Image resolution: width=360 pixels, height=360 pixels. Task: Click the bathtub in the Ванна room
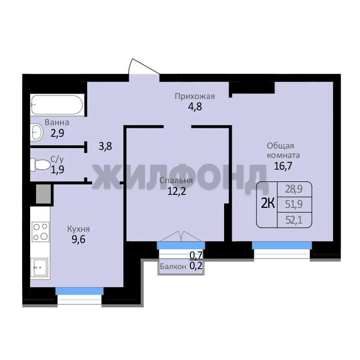click(57, 105)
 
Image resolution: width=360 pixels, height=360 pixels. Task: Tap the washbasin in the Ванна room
click(36, 132)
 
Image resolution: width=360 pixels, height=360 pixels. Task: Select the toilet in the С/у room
click(40, 165)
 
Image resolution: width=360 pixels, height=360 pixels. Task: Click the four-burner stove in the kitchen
click(40, 232)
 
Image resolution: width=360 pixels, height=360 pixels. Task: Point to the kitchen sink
click(40, 267)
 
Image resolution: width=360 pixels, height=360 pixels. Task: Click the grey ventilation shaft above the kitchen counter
click(43, 194)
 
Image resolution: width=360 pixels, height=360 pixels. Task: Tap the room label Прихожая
click(195, 96)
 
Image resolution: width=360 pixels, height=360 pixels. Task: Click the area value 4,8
click(195, 107)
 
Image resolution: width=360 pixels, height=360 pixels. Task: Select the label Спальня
click(176, 180)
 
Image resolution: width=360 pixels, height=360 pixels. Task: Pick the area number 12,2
click(176, 191)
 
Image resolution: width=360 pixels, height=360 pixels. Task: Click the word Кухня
click(78, 229)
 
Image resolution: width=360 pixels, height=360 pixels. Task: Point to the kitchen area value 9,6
click(78, 239)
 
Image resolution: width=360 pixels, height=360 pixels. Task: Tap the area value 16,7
click(283, 166)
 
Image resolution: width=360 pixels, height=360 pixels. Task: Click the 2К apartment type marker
click(268, 203)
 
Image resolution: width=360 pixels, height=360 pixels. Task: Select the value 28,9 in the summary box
click(294, 189)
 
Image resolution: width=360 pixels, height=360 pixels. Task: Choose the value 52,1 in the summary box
click(294, 220)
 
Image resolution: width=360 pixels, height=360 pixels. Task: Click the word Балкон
click(173, 266)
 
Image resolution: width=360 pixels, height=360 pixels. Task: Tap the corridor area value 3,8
click(105, 146)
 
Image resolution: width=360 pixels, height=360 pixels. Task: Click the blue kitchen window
click(80, 291)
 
